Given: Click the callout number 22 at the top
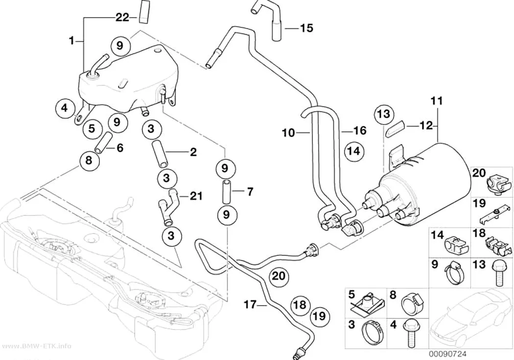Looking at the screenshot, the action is (122, 17).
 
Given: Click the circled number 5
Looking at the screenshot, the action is (92, 128).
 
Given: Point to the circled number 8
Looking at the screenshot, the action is (89, 160).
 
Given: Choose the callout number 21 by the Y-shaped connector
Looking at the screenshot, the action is (196, 196).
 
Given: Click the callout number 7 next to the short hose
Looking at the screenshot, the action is (250, 192).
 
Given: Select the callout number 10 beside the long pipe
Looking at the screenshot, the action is (288, 133).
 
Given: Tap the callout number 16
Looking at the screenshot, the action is (360, 130).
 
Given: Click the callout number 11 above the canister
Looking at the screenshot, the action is (437, 101).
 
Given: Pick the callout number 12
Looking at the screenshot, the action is (426, 125).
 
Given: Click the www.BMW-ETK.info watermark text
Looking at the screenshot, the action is (35, 346).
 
